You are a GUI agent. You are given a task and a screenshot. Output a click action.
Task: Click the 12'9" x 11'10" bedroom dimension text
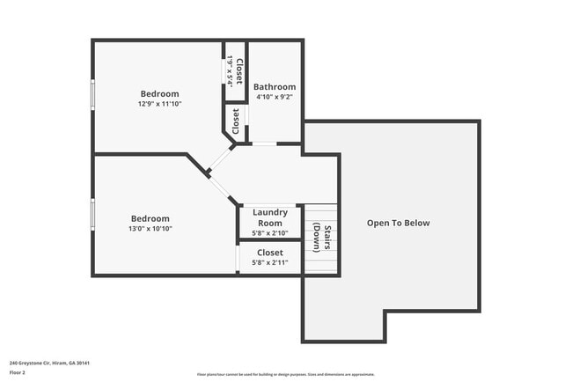[159, 105]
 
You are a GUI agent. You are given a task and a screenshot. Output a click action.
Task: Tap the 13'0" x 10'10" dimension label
[150, 229]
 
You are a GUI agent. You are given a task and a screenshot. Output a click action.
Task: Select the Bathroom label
[275, 87]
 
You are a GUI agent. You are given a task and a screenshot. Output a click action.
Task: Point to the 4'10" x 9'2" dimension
[275, 99]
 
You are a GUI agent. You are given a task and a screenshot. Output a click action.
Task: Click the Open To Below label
[398, 223]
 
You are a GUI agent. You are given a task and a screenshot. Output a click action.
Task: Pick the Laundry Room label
[270, 217]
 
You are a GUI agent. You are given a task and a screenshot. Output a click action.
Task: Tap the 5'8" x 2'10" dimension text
[270, 233]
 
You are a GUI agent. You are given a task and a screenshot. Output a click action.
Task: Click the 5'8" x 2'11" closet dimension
[270, 262]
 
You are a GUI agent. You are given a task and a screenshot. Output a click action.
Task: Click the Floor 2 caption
[18, 372]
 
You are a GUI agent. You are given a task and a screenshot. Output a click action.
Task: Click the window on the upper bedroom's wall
[92, 95]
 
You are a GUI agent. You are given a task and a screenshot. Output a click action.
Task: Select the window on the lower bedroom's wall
[92, 213]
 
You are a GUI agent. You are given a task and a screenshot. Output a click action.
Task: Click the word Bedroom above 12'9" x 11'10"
[159, 94]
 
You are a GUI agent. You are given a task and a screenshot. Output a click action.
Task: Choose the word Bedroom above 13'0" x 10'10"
[150, 218]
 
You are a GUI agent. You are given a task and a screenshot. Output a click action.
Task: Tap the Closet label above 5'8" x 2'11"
[270, 253]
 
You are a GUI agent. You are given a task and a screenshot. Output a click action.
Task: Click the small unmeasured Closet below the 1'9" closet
[236, 122]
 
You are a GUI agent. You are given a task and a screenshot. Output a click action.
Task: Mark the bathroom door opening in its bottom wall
[264, 144]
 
